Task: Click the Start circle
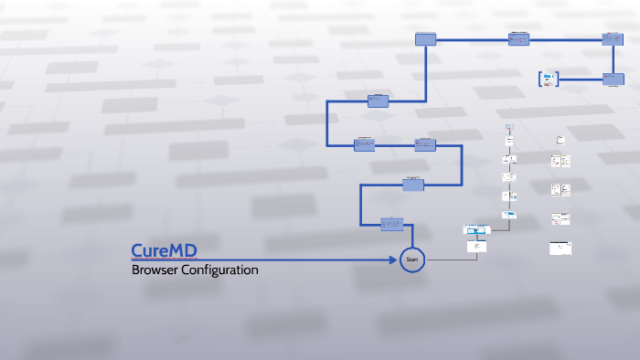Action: [412, 260]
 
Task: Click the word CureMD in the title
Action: [164, 250]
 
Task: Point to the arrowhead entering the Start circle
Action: [393, 260]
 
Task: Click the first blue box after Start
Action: [392, 223]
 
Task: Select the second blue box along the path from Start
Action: [413, 185]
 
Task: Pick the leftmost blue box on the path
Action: [364, 144]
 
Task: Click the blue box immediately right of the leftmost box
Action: [425, 144]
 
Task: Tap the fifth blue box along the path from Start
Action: [379, 101]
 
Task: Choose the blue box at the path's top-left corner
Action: [425, 39]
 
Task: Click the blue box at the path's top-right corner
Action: [612, 39]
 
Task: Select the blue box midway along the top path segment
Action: [519, 39]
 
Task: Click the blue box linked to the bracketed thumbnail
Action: [612, 79]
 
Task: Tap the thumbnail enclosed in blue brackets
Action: [549, 79]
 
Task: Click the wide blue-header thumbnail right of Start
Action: [477, 229]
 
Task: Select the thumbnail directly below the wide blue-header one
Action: [476, 246]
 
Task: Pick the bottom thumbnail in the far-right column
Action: [560, 248]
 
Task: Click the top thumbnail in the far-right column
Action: [560, 140]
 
